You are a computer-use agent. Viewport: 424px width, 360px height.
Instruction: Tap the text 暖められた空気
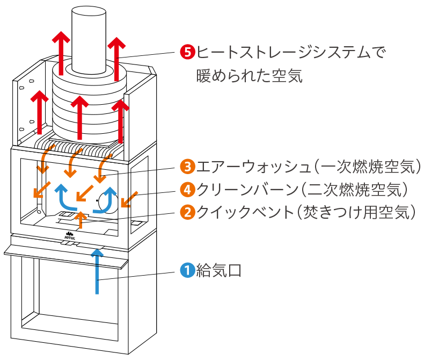coord(250,76)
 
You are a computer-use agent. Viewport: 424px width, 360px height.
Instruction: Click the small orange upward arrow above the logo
coord(81,220)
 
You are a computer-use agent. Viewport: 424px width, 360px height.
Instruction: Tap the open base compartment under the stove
coord(70,293)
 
